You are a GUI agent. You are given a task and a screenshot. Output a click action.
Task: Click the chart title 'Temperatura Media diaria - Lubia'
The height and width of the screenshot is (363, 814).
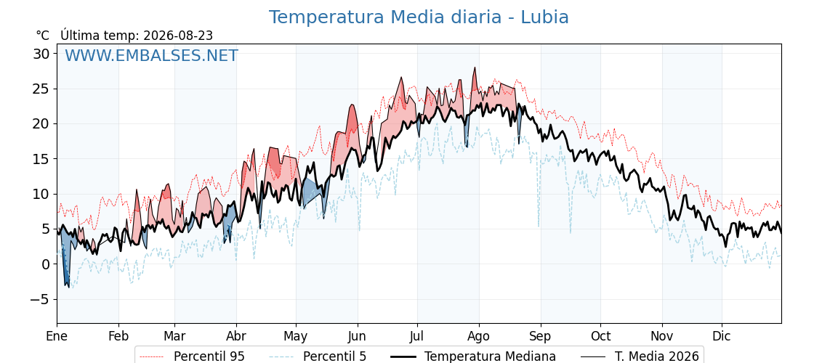pyautogui.click(x=419, y=17)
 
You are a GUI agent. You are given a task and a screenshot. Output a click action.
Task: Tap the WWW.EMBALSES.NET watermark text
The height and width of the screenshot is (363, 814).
pyautogui.click(x=151, y=55)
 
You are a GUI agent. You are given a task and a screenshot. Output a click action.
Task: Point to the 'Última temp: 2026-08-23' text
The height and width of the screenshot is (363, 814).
pyautogui.click(x=137, y=36)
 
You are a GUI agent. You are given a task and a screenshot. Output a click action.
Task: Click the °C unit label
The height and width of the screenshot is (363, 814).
pyautogui.click(x=43, y=36)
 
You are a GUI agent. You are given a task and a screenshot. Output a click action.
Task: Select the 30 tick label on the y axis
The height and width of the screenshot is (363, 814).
pyautogui.click(x=42, y=54)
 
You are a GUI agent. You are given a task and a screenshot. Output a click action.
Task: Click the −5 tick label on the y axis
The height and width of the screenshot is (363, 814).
pyautogui.click(x=39, y=299)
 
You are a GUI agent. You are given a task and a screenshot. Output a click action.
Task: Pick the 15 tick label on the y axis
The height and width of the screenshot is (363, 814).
pyautogui.click(x=42, y=159)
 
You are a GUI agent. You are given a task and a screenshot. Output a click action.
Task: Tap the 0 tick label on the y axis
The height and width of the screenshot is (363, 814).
pyautogui.click(x=47, y=264)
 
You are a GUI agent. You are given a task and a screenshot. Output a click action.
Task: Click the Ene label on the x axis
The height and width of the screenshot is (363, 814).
pyautogui.click(x=57, y=336)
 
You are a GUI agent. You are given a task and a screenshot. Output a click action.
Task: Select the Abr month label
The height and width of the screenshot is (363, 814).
pyautogui.click(x=236, y=336)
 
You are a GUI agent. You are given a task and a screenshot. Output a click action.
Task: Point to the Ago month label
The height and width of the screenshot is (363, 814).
pyautogui.click(x=479, y=336)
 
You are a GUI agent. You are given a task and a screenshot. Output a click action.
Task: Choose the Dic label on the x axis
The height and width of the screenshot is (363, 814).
pyautogui.click(x=722, y=336)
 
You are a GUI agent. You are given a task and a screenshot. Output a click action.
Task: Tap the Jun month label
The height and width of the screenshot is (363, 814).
pyautogui.click(x=357, y=336)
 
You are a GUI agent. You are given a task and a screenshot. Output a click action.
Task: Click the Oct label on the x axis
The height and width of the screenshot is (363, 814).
pyautogui.click(x=600, y=336)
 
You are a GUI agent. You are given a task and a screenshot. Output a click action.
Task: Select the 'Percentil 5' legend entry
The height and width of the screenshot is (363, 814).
pyautogui.click(x=318, y=356)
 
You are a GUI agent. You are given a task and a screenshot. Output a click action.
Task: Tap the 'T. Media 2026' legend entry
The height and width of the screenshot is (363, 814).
pyautogui.click(x=639, y=356)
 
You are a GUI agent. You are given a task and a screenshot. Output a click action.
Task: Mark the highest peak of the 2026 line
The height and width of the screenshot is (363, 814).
pyautogui.click(x=474, y=68)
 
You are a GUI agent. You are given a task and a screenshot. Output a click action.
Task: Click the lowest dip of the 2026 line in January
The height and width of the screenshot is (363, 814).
pyautogui.click(x=68, y=287)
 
